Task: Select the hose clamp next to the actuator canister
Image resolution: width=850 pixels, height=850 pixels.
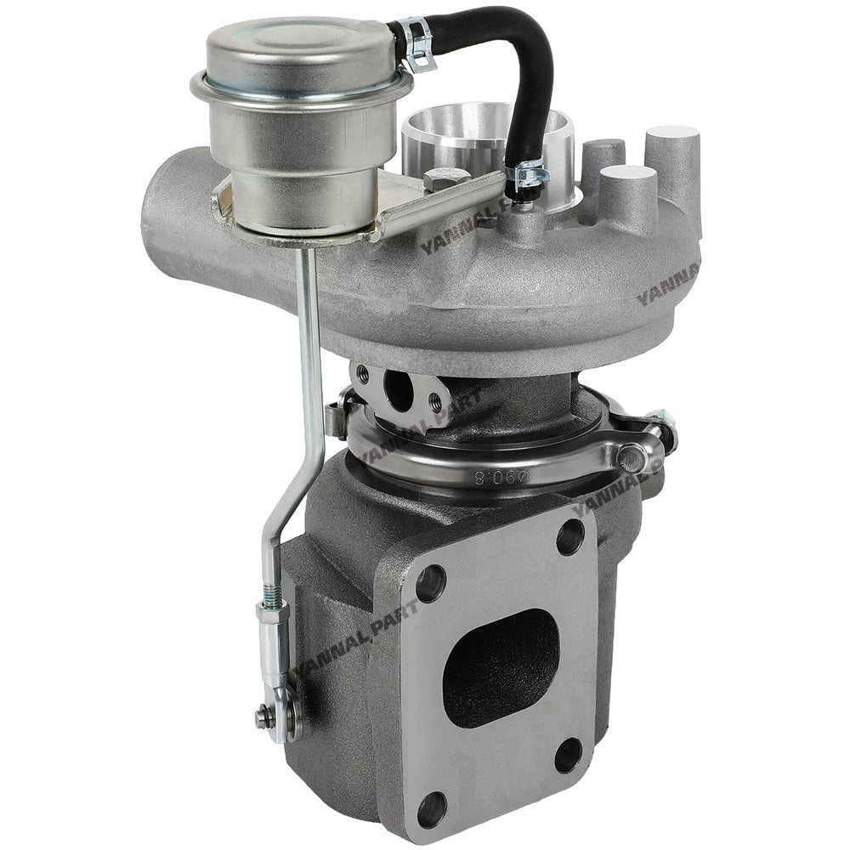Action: click(x=416, y=44)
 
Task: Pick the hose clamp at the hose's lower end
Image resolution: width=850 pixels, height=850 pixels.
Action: click(x=526, y=175)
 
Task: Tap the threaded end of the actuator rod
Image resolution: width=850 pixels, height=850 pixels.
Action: click(x=270, y=590)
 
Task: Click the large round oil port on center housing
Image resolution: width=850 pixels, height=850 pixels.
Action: click(x=398, y=389)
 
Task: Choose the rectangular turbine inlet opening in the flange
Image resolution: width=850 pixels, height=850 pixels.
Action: click(x=501, y=666)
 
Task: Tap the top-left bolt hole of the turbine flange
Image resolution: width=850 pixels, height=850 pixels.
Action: click(x=431, y=582)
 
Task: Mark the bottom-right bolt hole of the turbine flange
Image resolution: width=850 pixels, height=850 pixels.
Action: click(x=568, y=754)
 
